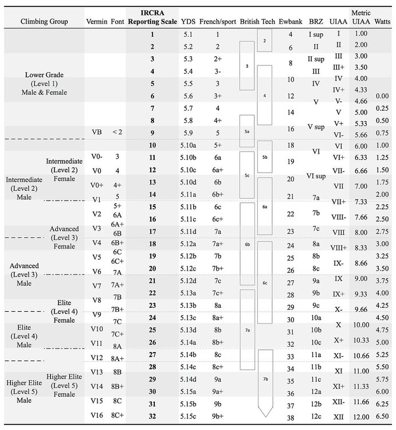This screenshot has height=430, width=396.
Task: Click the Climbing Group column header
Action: click(44, 21)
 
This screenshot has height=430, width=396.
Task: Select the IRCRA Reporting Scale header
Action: click(152, 17)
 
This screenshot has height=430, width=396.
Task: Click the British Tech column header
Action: click(257, 21)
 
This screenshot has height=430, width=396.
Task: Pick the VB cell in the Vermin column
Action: click(96, 131)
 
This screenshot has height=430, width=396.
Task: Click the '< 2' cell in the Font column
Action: click(117, 131)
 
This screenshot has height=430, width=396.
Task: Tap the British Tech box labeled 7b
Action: click(265, 379)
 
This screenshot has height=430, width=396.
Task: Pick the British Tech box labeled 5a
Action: click(246, 131)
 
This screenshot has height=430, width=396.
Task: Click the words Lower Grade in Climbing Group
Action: click(44, 75)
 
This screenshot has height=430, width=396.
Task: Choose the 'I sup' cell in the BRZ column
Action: click(316, 34)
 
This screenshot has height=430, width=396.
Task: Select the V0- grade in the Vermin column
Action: click(96, 156)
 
